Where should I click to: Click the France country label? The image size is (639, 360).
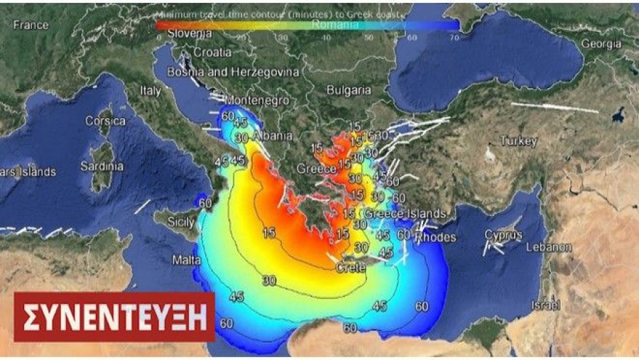31,25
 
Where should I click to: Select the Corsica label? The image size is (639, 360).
105,121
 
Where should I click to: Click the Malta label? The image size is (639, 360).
187,261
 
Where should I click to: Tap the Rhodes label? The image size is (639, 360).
435,238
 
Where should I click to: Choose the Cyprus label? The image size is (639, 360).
503,235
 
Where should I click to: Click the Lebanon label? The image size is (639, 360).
549,247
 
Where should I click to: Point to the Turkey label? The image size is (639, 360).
518,141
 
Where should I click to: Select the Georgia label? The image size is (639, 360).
601,43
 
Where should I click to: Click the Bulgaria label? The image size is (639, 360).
348,90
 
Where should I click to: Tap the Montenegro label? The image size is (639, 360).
256,101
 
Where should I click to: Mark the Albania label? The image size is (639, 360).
253,136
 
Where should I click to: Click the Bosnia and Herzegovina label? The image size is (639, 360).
233,72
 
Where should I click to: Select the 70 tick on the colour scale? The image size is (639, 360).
454,37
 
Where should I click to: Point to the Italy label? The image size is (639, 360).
151,91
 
